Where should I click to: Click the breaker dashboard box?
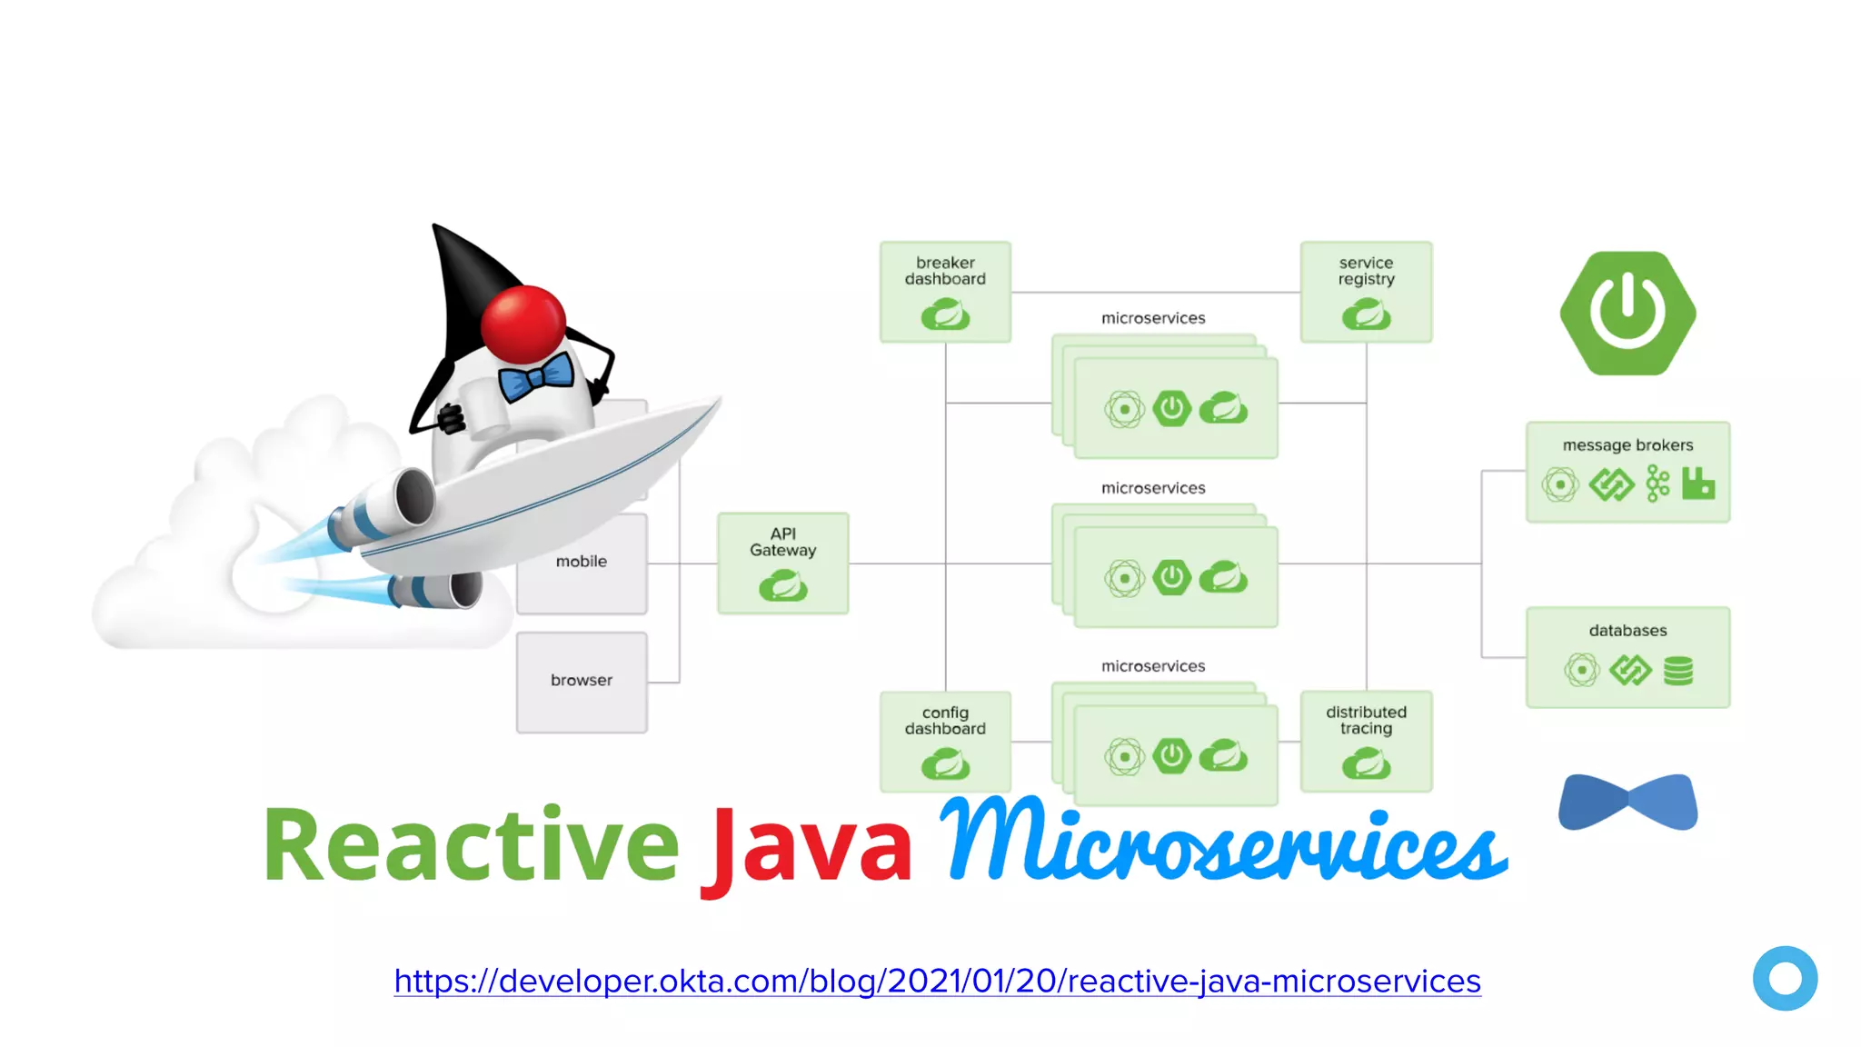coord(945,292)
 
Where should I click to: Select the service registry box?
coord(1366,292)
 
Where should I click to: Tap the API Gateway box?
coord(782,563)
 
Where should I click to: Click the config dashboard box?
coord(945,741)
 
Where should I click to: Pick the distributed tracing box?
coord(1366,741)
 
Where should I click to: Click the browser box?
coord(582,682)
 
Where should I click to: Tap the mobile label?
coord(582,562)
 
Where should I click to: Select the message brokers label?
coord(1627,445)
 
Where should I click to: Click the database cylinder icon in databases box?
coord(1677,671)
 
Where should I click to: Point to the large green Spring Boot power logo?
coord(1627,314)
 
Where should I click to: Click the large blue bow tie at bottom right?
coord(1627,802)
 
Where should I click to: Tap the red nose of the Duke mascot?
coord(523,324)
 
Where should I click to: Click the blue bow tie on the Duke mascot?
coord(537,376)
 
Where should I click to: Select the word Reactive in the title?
coord(471,845)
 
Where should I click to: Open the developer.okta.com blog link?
coord(937,982)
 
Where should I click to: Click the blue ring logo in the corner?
coord(1785,978)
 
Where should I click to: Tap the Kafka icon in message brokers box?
coord(1657,484)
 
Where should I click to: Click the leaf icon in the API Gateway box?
coord(782,585)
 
